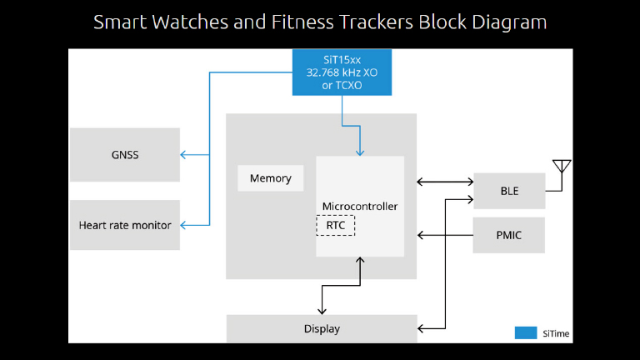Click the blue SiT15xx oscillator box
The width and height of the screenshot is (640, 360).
[342, 72]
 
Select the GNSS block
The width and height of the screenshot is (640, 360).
[125, 154]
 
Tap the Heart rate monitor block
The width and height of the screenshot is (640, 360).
[125, 225]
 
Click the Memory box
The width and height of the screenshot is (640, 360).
[271, 178]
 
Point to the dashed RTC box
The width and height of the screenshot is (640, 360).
[336, 225]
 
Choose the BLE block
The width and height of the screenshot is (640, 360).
[509, 191]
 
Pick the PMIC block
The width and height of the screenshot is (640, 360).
[509, 235]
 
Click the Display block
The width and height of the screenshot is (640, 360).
[322, 328]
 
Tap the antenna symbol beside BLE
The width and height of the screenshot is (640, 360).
[562, 167]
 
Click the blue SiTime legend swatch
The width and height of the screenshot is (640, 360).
[526, 332]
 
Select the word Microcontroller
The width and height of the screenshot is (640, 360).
[360, 206]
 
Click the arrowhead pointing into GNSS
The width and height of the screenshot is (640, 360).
[184, 154]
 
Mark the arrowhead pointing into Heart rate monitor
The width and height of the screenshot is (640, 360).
[184, 225]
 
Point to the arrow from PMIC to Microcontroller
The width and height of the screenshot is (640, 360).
[445, 235]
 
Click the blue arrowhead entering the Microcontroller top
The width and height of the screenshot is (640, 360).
[360, 152]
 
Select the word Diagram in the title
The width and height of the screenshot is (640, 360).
[510, 22]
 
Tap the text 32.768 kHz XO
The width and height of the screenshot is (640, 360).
[342, 72]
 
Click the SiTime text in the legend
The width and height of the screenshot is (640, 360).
[556, 333]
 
